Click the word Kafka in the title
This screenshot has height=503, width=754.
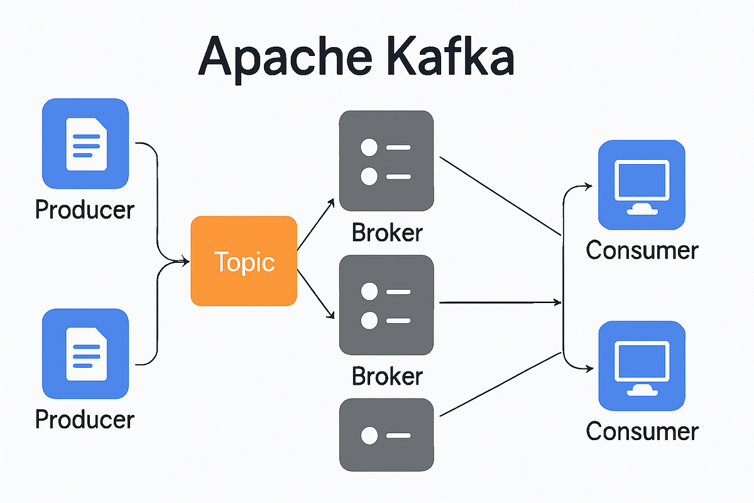click(451, 55)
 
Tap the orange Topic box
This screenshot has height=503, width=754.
click(244, 261)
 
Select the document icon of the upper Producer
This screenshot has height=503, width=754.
click(85, 143)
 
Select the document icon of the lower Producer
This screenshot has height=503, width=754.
click(85, 354)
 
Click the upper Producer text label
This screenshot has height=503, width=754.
click(85, 209)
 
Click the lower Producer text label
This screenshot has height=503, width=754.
click(85, 419)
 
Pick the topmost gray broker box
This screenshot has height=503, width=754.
click(386, 161)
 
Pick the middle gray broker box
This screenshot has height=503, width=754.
click(386, 305)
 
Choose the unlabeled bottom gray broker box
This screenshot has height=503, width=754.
click(386, 434)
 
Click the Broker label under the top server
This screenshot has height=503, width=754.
click(387, 233)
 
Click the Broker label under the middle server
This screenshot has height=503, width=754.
click(387, 376)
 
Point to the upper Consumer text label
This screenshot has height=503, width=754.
click(642, 250)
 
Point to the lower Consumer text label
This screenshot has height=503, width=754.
click(642, 431)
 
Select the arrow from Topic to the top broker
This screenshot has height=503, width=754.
click(315, 224)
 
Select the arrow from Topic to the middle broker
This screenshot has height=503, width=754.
click(315, 294)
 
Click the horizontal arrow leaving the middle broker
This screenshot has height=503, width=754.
click(500, 302)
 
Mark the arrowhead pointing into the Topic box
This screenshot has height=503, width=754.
click(186, 261)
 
